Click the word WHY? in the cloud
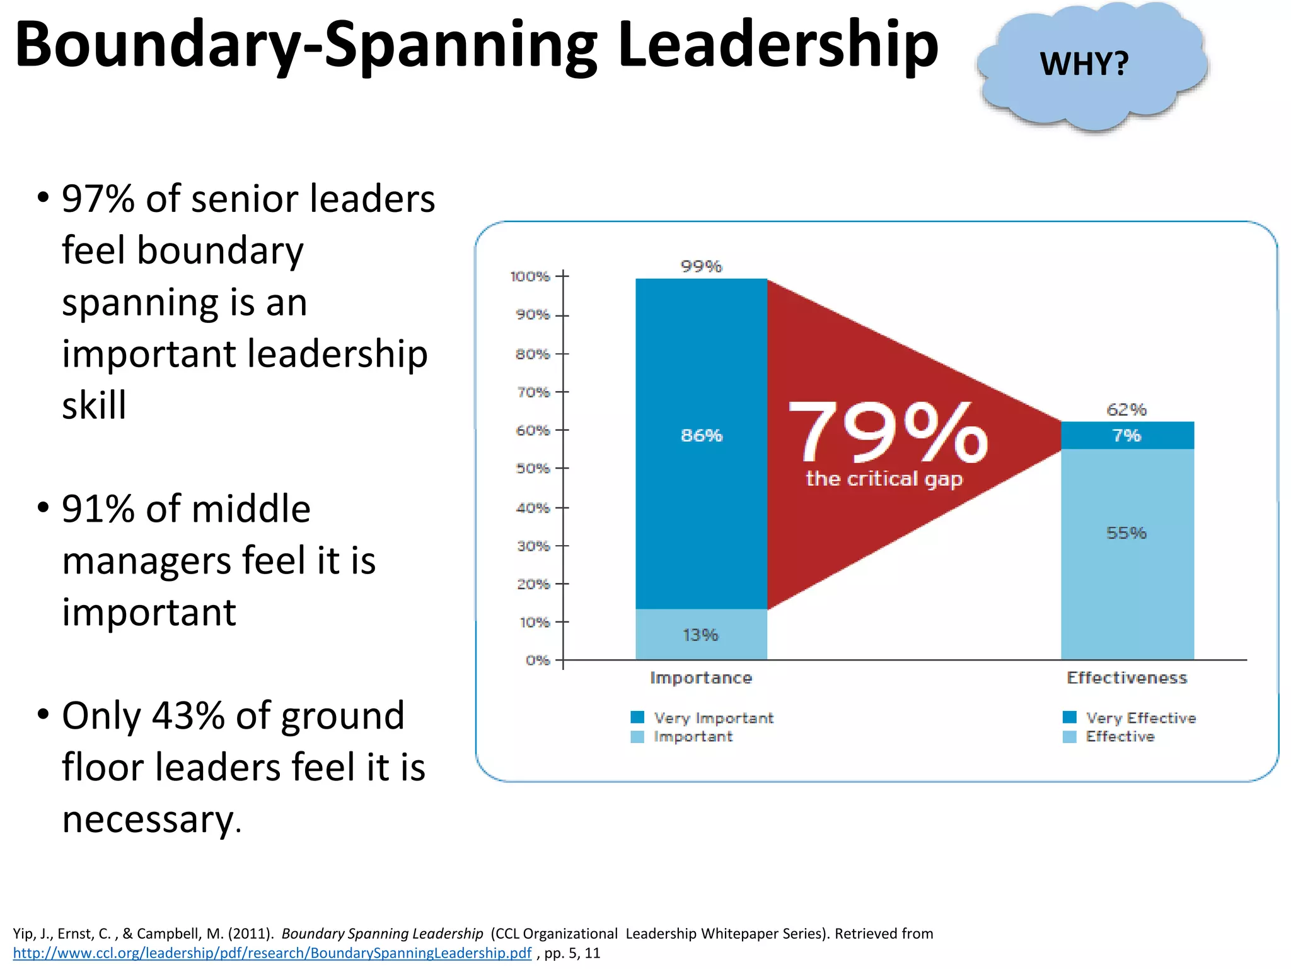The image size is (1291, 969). point(1084,64)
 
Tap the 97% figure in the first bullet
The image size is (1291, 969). point(98,199)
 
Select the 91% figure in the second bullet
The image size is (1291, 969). point(98,509)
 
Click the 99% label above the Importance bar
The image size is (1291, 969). point(701,266)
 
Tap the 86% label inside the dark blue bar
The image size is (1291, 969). point(701,435)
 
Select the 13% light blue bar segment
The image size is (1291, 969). point(701,635)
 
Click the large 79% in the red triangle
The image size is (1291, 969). point(888,433)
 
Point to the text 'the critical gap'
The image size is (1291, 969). point(884,479)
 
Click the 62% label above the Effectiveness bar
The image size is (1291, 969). point(1126,409)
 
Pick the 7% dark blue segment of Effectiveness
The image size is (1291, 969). point(1126,435)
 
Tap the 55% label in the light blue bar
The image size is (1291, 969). point(1126,533)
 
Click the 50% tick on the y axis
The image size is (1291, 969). point(533,469)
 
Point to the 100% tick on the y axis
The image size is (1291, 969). point(531,276)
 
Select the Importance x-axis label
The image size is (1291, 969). point(701,678)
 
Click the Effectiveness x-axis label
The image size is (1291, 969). point(1126,678)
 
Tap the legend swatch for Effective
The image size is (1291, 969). point(1069,737)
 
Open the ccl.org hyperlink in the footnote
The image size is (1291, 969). point(272,953)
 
